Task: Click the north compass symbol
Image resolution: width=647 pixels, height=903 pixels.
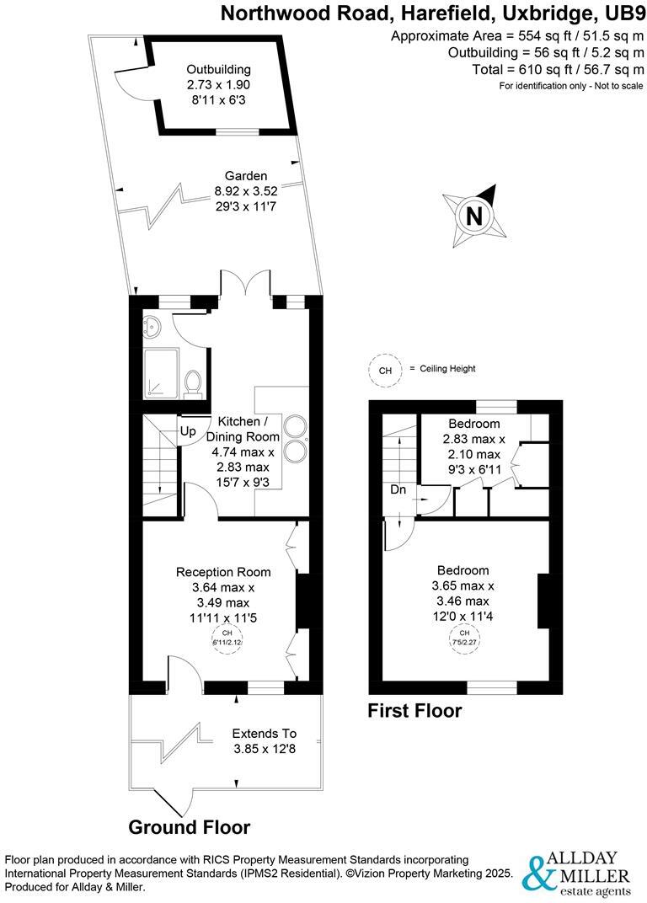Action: (474, 216)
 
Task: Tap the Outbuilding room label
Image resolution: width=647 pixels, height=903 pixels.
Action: (219, 84)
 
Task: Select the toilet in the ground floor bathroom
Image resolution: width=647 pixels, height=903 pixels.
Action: (193, 382)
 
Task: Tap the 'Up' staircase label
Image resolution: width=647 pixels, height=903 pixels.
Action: (188, 431)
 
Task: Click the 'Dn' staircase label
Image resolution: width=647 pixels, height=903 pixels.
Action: (398, 489)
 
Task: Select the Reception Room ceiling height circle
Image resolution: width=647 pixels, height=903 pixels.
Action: (225, 639)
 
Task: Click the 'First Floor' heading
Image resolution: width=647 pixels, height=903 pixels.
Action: (414, 711)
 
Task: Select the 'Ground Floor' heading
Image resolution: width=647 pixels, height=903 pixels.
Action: (189, 826)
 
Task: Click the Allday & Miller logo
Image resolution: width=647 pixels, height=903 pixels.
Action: (576, 873)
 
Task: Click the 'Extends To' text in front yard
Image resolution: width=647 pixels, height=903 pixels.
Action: (265, 733)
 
